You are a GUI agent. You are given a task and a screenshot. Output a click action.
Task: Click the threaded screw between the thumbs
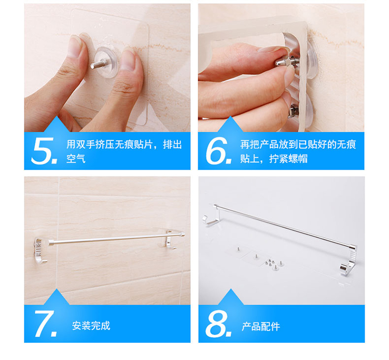pos(97,64)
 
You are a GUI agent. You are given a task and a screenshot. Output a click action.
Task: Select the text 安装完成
pos(91,326)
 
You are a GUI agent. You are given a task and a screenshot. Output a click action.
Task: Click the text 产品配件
pos(261,326)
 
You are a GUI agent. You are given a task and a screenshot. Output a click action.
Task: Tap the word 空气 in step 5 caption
pos(76,159)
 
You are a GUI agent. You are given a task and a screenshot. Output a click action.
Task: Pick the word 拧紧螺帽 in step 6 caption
pos(288,159)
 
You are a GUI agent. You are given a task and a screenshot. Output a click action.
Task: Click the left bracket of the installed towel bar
pos(40,250)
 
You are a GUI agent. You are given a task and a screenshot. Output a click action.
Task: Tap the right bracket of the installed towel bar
pos(171,240)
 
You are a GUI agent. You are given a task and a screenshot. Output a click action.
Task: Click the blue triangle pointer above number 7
pos(57,298)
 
